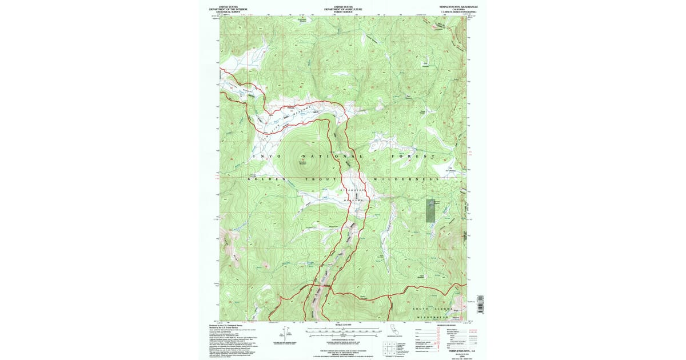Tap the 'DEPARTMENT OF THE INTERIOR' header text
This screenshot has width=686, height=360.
pos(228,9)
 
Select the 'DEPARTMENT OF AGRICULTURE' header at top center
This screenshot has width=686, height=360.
pos(343,9)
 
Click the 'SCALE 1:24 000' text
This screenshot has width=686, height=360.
pos(342,326)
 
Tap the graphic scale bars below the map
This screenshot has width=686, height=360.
pos(342,332)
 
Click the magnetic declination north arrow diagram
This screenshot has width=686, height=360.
pos(284,333)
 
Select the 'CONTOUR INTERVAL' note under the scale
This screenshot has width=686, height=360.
pos(342,339)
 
